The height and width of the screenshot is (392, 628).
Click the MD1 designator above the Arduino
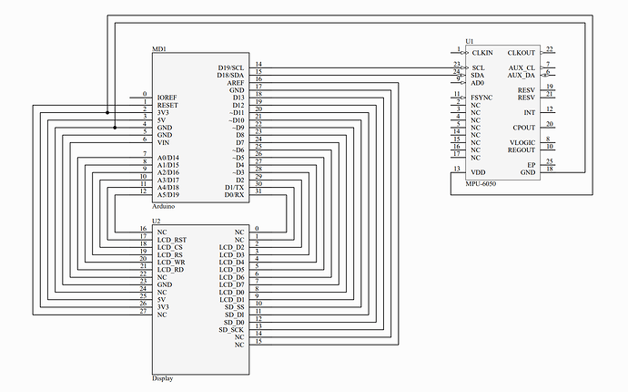159,49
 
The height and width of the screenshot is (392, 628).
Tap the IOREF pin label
167,98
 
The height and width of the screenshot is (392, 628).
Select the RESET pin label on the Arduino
167,105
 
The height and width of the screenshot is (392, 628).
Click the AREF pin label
236,83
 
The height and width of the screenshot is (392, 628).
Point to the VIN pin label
164,143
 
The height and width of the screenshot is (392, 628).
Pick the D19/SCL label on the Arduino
230,67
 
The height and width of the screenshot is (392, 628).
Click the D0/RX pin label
234,195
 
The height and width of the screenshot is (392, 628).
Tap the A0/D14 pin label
168,158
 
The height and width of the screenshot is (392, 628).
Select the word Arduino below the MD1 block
164,207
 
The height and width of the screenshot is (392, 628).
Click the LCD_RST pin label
172,240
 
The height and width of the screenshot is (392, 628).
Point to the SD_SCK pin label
231,330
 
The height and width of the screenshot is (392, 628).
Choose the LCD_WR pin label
171,263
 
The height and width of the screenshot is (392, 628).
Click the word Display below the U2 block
163,378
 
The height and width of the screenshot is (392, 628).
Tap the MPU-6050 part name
481,184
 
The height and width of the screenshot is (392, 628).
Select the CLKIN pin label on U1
482,53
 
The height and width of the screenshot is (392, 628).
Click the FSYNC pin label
481,98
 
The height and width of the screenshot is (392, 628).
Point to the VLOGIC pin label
522,143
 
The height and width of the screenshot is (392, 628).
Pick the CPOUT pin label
524,128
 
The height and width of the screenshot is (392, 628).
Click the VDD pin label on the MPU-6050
478,172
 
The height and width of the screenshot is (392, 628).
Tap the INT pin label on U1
530,113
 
